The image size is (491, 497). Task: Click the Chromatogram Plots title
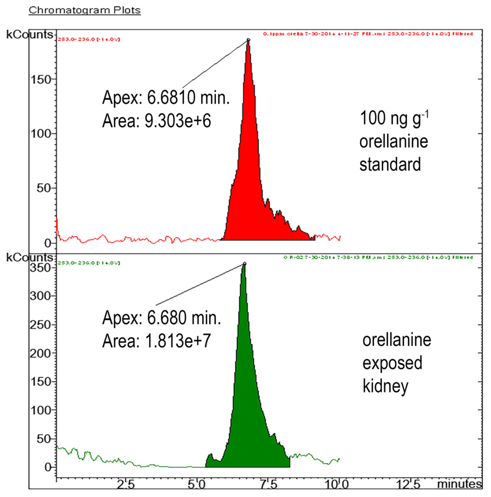pos(85,10)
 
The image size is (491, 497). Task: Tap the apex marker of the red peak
pos(248,40)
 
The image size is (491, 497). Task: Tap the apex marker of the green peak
pos(245,263)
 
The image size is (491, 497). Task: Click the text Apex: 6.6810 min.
pos(166,98)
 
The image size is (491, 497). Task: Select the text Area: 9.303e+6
pos(156,121)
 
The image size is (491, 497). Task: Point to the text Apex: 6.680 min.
pos(161,318)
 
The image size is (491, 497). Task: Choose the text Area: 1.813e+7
pos(156,341)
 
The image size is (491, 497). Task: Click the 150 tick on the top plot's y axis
pos(41,80)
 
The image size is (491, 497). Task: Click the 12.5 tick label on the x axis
pos(408,485)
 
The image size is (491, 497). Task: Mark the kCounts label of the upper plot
pos(30,34)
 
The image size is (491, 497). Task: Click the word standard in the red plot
pos(390,164)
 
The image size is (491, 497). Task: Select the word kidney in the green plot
pos(385,386)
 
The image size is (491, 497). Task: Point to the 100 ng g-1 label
pos(394,119)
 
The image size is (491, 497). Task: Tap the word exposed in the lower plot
pos(392,363)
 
